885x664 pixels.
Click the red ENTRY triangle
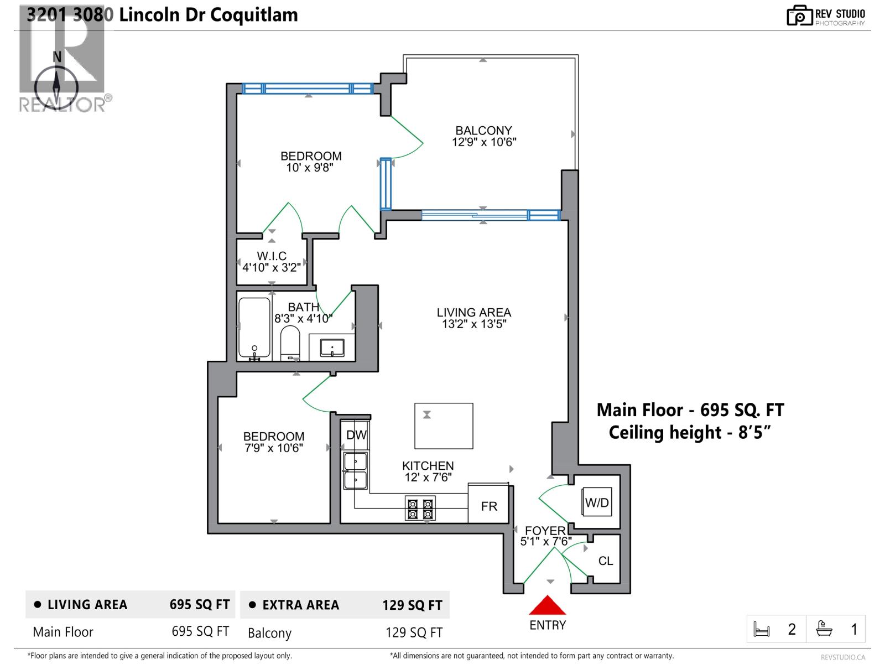(547, 606)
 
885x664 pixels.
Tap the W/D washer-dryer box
(597, 502)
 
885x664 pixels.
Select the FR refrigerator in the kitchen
(489, 506)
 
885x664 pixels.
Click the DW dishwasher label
(356, 435)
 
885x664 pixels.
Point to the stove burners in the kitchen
(420, 509)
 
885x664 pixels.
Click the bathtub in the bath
(254, 327)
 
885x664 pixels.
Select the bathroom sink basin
(332, 348)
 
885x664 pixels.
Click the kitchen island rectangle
(444, 426)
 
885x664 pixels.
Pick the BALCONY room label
(483, 131)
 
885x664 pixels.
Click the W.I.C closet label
(272, 256)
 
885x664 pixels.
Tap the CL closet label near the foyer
(606, 561)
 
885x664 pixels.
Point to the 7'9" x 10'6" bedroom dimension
(274, 448)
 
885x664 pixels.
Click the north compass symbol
(56, 86)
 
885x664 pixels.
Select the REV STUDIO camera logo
(799, 15)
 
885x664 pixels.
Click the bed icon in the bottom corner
(762, 630)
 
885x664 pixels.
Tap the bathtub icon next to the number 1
(824, 629)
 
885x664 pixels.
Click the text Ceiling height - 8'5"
(690, 432)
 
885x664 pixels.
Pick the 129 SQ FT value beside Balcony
(414, 632)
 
